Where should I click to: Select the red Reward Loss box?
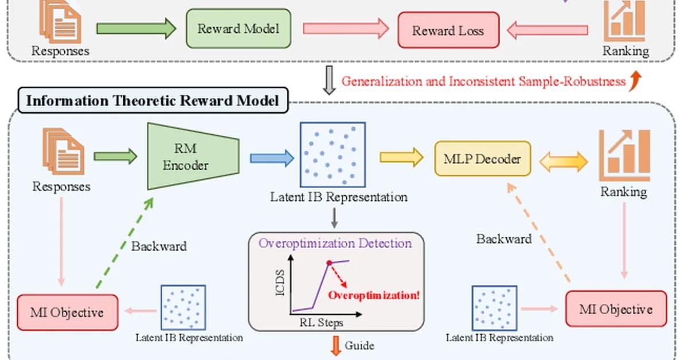point(448,30)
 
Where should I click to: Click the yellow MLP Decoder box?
point(482,158)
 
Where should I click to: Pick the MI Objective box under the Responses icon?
point(68,312)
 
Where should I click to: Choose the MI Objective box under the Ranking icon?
point(616,309)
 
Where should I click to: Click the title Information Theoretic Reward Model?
point(153,101)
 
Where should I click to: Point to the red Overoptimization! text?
point(374,296)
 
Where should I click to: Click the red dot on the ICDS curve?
point(329,263)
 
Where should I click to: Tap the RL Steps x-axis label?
point(321,323)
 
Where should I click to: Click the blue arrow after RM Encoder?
point(271,158)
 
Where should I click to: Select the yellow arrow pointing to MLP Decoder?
point(401,158)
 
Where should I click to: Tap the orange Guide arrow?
point(335,346)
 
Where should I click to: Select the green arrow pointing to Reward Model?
point(136,29)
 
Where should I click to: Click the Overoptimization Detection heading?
point(335,243)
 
